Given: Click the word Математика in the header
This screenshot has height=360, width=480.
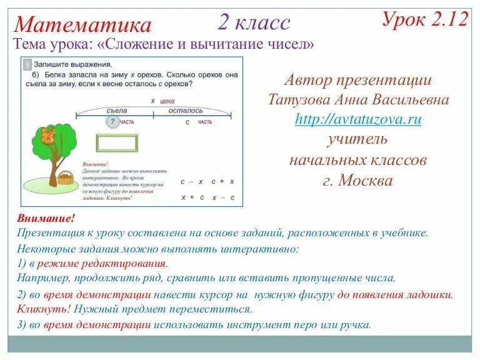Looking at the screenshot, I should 82,25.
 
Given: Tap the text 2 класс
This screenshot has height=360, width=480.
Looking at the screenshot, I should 254,22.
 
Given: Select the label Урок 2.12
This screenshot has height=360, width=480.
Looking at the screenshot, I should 425,19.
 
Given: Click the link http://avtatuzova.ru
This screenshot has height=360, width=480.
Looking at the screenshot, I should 358,119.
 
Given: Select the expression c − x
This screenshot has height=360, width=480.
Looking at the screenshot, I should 192,181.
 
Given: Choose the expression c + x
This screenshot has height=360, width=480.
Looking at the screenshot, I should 222,181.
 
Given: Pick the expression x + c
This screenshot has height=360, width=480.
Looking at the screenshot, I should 192,197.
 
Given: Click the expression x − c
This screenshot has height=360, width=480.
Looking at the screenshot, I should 223,197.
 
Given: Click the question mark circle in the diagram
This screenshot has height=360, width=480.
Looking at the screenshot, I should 112,122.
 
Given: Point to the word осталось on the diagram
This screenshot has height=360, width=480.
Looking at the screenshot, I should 186,110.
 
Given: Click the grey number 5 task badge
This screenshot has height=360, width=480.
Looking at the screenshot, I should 27,64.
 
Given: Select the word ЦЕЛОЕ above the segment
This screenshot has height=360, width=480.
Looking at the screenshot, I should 167,101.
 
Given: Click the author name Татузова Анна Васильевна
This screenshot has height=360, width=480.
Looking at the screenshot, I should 358,100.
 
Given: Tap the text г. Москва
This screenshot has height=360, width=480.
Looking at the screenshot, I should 357,181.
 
